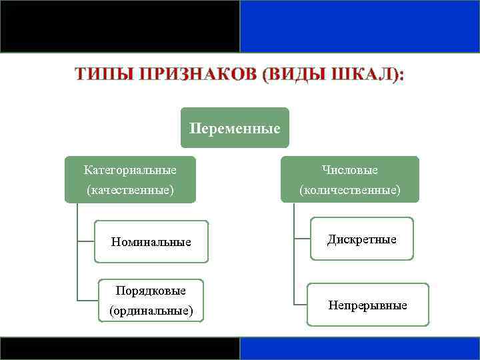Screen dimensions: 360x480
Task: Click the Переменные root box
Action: click(x=235, y=128)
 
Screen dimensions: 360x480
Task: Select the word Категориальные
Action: click(x=130, y=171)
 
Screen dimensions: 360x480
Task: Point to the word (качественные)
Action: click(x=130, y=190)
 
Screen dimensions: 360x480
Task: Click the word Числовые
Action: click(x=349, y=171)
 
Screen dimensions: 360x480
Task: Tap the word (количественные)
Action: click(x=349, y=190)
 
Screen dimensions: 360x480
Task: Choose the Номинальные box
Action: click(x=151, y=241)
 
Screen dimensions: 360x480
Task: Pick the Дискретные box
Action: click(x=361, y=239)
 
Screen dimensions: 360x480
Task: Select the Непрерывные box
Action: click(x=367, y=305)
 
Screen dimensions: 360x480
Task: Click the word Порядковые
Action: click(x=151, y=291)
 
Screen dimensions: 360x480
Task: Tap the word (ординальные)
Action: click(x=151, y=311)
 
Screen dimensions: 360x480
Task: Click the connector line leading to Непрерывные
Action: click(x=300, y=304)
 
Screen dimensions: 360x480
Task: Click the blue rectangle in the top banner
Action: click(x=359, y=26)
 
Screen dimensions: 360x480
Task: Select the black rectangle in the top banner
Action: click(x=120, y=26)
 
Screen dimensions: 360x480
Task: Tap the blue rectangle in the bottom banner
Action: click(x=359, y=349)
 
